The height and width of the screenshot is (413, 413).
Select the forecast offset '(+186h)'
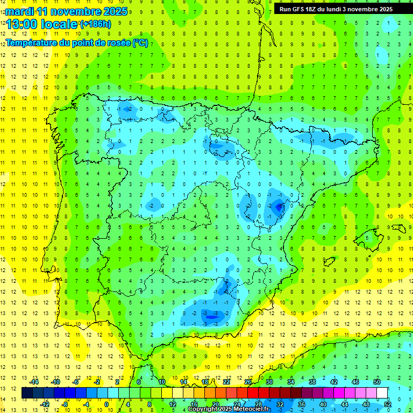pyautogui.click(x=95, y=24)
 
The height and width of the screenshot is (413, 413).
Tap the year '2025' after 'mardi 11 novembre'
pyautogui.click(x=115, y=11)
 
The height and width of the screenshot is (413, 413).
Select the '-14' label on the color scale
pyautogui.click(x=33, y=382)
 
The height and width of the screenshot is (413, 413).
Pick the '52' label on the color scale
pyautogui.click(x=388, y=404)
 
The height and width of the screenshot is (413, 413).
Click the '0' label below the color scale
pyautogui.click(x=107, y=404)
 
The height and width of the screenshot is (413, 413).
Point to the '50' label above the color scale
pyautogui.click(x=377, y=382)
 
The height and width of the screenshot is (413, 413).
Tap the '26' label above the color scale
pyautogui.click(x=248, y=382)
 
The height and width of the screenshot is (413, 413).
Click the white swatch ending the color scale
pyautogui.click(x=382, y=393)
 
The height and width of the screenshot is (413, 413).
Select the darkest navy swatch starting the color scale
pyautogui.click(x=27, y=393)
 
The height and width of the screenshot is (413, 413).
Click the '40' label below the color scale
pyautogui.click(x=323, y=404)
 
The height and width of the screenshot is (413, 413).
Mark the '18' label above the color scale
pyautogui.click(x=205, y=382)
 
